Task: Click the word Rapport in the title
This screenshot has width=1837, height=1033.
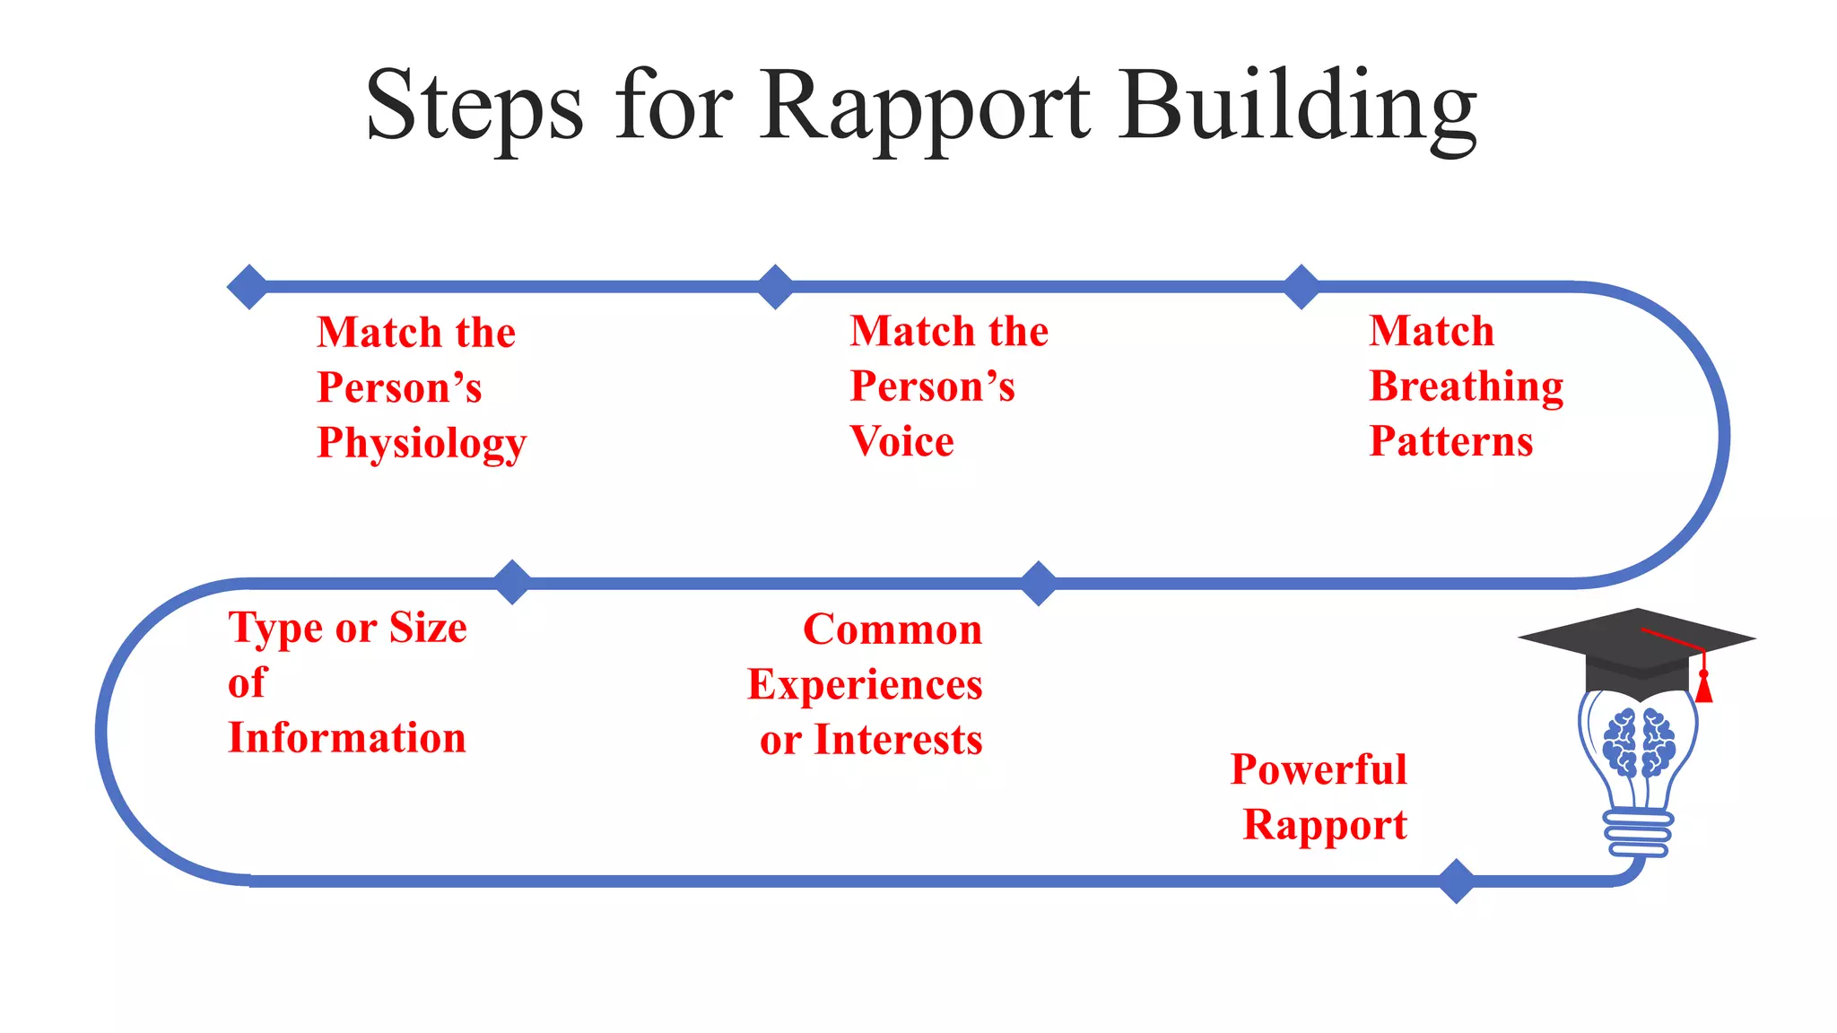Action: pyautogui.click(x=926, y=108)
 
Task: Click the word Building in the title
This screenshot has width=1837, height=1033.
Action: pyautogui.click(x=1297, y=108)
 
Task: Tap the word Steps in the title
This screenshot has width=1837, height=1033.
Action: pyautogui.click(x=474, y=108)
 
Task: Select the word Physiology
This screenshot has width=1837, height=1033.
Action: pyautogui.click(x=422, y=444)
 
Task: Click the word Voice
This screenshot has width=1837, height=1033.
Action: pyautogui.click(x=901, y=441)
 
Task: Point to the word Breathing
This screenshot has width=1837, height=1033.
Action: pyautogui.click(x=1466, y=387)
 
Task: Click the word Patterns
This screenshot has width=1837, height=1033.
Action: pyautogui.click(x=1450, y=441)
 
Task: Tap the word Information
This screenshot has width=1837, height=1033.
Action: pyautogui.click(x=347, y=738)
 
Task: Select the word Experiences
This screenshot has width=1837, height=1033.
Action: pyautogui.click(x=865, y=685)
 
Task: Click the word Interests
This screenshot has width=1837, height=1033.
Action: pyautogui.click(x=897, y=741)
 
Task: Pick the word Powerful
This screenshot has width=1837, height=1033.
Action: pyautogui.click(x=1319, y=769)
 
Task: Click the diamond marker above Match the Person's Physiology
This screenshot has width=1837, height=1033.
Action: pyautogui.click(x=248, y=287)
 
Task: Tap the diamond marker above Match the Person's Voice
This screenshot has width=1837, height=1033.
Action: pyautogui.click(x=775, y=287)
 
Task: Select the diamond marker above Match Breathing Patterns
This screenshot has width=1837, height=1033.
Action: pyautogui.click(x=1302, y=287)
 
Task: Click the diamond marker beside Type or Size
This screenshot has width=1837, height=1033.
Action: pyautogui.click(x=512, y=582)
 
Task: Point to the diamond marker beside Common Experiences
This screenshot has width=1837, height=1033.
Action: pyautogui.click(x=1039, y=584)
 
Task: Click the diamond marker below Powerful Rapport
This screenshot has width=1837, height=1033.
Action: pyautogui.click(x=1456, y=881)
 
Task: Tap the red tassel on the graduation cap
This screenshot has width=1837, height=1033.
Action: pyautogui.click(x=1703, y=687)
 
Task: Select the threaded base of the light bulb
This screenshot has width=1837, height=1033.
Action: pyautogui.click(x=1638, y=834)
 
